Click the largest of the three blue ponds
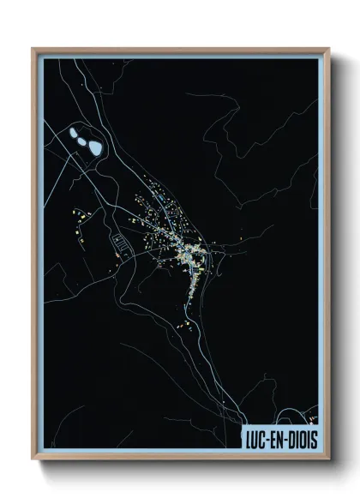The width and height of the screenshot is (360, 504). (x=96, y=146)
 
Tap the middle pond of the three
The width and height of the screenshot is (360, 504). (x=83, y=136)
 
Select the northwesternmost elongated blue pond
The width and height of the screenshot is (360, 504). (x=73, y=129)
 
